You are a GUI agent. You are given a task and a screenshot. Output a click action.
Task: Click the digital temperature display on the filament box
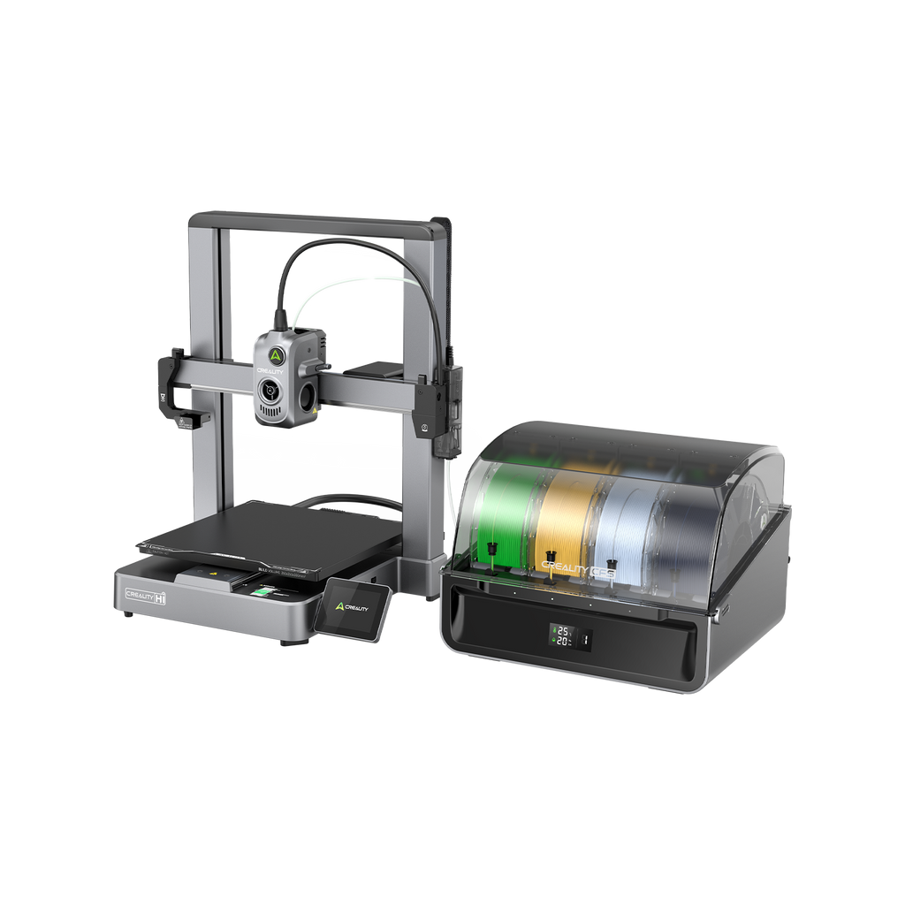[x=562, y=635]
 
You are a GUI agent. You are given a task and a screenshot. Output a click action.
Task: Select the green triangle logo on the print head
[x=276, y=354]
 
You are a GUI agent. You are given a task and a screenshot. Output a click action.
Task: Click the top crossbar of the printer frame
[x=318, y=219]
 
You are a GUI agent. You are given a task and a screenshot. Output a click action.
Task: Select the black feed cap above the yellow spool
[x=550, y=559]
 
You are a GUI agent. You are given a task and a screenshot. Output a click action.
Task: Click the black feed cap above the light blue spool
[x=611, y=564]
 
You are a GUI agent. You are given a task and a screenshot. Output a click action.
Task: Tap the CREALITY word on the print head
[x=270, y=372]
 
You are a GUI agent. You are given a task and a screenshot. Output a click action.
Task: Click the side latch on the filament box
[x=723, y=610]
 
